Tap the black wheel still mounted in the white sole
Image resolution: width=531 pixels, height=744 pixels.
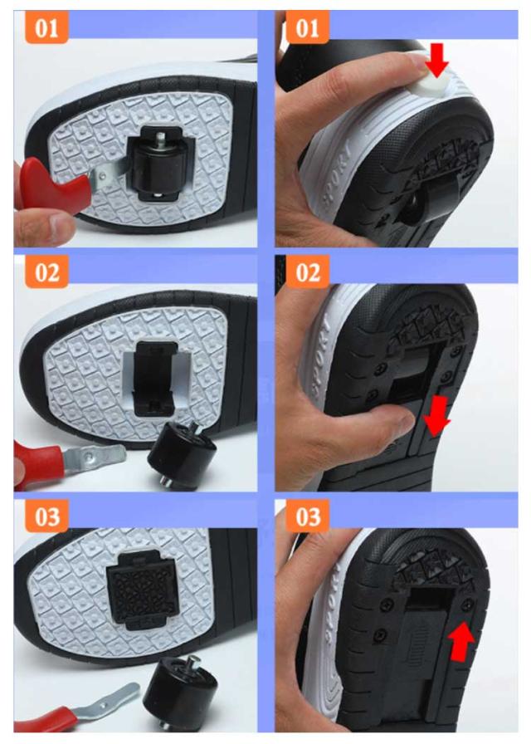157,164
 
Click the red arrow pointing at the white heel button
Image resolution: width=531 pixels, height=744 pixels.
436,59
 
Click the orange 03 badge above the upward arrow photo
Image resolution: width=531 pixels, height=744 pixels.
307,516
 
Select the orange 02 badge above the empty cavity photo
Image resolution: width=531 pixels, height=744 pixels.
47,272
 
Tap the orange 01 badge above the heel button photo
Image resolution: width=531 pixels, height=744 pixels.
307,27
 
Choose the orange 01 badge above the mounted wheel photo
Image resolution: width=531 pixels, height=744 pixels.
47,27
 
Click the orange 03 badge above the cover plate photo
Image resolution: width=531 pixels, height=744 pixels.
47,516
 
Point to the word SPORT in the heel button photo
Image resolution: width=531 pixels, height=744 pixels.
337,175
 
